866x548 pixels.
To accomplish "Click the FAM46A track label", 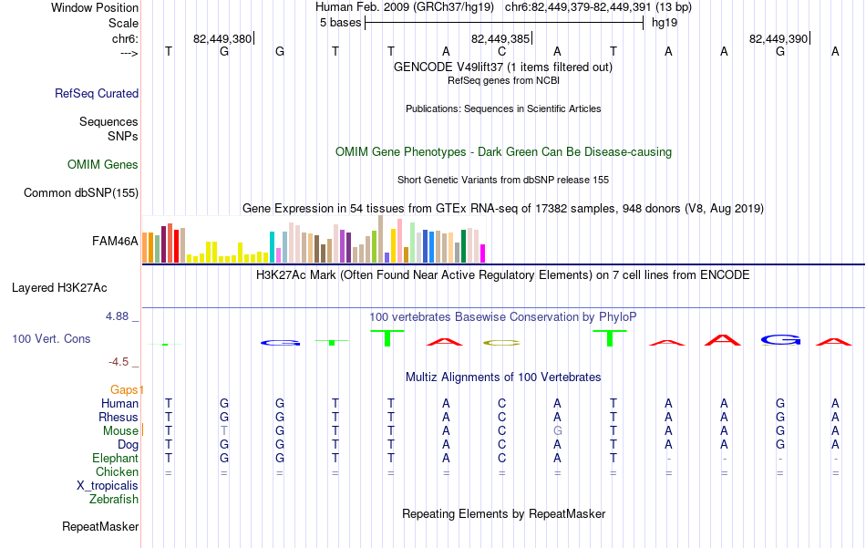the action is [x=115, y=242].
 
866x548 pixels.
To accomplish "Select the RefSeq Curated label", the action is [x=97, y=93].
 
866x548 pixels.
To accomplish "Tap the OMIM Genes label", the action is [x=103, y=165].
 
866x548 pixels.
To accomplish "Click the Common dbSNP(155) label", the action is [x=81, y=192].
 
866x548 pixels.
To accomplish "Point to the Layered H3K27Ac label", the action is [x=59, y=288].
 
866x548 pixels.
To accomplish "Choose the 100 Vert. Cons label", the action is [x=51, y=338].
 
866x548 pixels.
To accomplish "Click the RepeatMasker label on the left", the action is [x=100, y=527].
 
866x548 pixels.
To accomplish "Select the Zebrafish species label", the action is [x=114, y=500].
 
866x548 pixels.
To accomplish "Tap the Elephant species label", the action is [x=116, y=459].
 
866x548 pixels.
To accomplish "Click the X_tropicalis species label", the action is [x=108, y=486].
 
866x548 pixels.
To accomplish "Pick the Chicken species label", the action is [x=117, y=471].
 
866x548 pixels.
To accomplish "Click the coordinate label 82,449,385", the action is [x=500, y=38].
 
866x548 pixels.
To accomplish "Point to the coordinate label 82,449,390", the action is [x=778, y=38].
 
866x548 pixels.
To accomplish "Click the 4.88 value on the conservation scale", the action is [x=117, y=316].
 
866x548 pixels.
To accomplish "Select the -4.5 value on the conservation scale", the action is [x=119, y=362].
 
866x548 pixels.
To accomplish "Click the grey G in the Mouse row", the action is [x=558, y=431].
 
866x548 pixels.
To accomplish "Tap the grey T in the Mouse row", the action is [x=224, y=431].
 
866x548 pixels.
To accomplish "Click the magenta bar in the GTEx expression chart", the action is [x=483, y=253].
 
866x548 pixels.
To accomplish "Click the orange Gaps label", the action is [x=125, y=390].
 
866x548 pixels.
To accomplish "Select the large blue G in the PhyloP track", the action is [x=780, y=340].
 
